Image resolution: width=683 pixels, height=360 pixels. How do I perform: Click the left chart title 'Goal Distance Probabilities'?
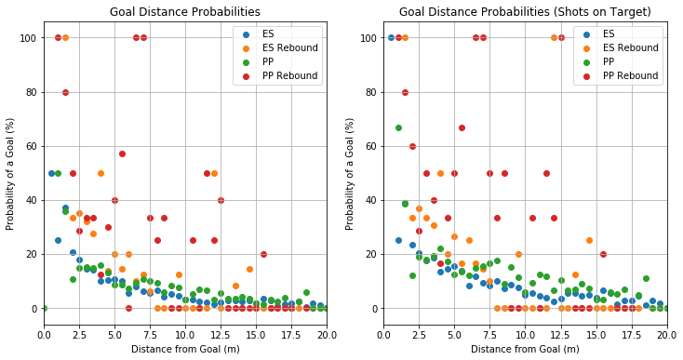tap(184, 12)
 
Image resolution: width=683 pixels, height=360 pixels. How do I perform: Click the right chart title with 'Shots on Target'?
tap(524, 12)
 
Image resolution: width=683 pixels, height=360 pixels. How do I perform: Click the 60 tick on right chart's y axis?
tap(371, 146)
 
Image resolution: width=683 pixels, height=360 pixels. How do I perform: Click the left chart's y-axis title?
tap(10, 177)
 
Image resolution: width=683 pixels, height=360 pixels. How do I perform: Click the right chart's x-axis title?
tap(524, 349)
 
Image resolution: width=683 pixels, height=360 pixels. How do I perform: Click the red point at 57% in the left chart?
tap(122, 153)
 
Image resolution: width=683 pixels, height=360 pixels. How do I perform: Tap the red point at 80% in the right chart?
tap(406, 92)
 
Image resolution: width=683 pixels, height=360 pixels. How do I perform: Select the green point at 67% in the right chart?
tap(398, 127)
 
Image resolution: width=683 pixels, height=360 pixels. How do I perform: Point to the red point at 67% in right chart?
tap(462, 127)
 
